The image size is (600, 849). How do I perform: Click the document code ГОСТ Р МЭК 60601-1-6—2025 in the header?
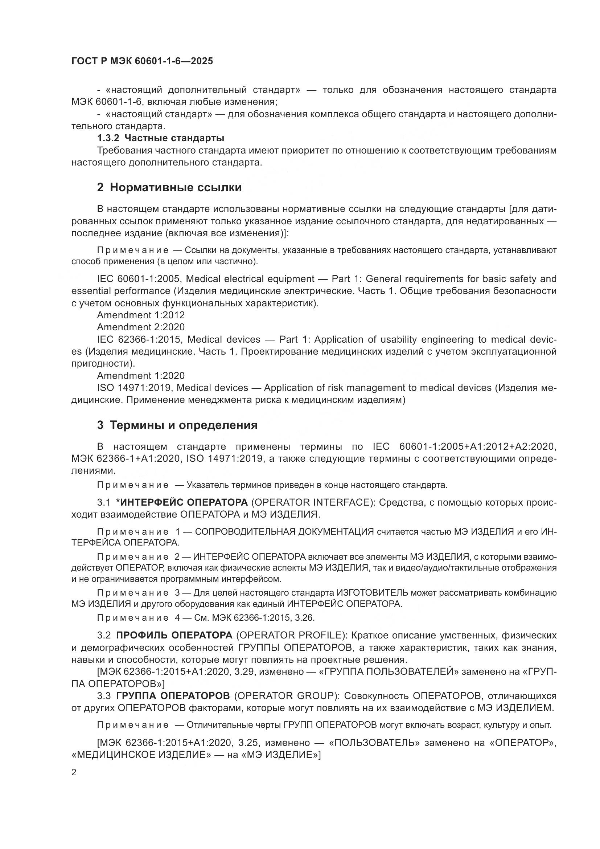pyautogui.click(x=142, y=61)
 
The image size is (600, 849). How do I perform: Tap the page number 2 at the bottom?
pyautogui.click(x=74, y=772)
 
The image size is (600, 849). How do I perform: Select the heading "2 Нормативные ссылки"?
pyautogui.click(x=169, y=187)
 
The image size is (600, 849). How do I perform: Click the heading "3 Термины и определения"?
pyautogui.click(x=177, y=425)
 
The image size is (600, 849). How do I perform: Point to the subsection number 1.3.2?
pyautogui.click(x=108, y=138)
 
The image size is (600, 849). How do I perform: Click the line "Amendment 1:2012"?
pyautogui.click(x=141, y=315)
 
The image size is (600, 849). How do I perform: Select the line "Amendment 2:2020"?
pyautogui.click(x=141, y=327)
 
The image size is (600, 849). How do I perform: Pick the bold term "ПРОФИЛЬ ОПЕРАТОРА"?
pyautogui.click(x=174, y=635)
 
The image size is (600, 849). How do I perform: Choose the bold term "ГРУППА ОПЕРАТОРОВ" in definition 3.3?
pyautogui.click(x=173, y=696)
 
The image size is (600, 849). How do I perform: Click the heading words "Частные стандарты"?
pyautogui.click(x=174, y=138)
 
